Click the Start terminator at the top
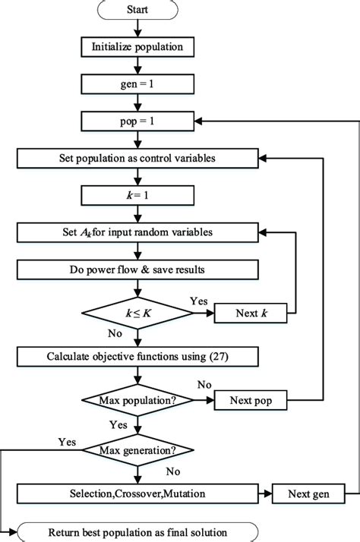pyautogui.click(x=138, y=9)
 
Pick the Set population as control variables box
pyautogui.click(x=138, y=159)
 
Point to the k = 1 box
pyautogui.click(x=138, y=196)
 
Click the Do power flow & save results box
pyautogui.click(x=138, y=269)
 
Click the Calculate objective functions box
pyautogui.click(x=138, y=355)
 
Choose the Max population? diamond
pyautogui.click(x=138, y=399)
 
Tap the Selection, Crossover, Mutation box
pyautogui.click(x=138, y=493)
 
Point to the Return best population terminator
pyautogui.click(x=138, y=531)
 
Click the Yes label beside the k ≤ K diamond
pyautogui.click(x=197, y=301)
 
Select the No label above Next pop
pyautogui.click(x=204, y=386)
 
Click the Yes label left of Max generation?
pyautogui.click(x=67, y=441)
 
